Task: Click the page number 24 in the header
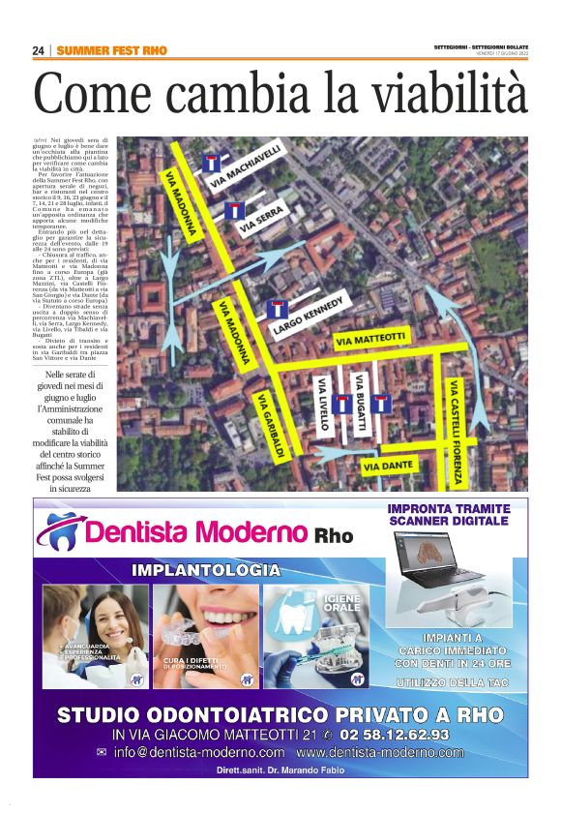(x=39, y=50)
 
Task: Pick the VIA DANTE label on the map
(x=387, y=467)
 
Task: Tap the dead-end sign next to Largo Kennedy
(x=277, y=309)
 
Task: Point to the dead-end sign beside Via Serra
(x=233, y=211)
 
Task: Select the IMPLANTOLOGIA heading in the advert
(x=206, y=570)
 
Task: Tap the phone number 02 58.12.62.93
(x=396, y=735)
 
